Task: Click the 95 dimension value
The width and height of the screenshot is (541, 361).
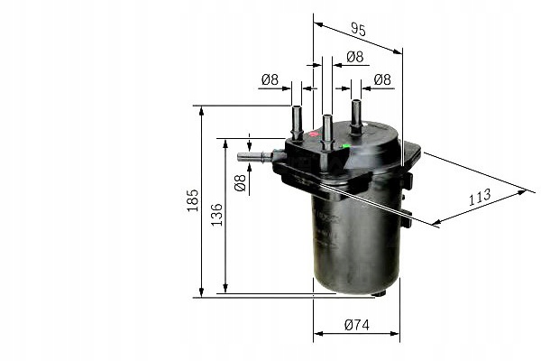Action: pyautogui.click(x=357, y=31)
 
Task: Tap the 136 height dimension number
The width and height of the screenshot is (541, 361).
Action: pyautogui.click(x=216, y=215)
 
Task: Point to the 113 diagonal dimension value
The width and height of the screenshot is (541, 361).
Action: pyautogui.click(x=480, y=196)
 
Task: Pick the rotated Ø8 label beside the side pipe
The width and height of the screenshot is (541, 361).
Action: pyautogui.click(x=240, y=183)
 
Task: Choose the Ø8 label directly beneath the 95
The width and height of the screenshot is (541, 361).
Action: pyautogui.click(x=353, y=57)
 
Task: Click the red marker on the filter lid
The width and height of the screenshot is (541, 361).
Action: pyautogui.click(x=314, y=134)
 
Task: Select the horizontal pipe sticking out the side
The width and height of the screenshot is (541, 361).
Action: pyautogui.click(x=256, y=157)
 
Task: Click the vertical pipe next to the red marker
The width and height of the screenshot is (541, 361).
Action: pyautogui.click(x=297, y=122)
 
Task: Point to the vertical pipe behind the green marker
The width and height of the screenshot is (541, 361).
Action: pyautogui.click(x=356, y=116)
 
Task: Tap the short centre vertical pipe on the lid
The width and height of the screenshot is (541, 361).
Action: pyautogui.click(x=326, y=128)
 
